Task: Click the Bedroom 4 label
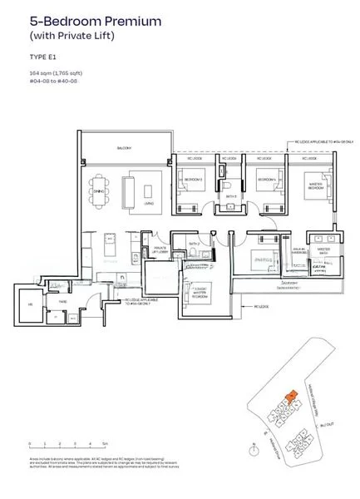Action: (265, 179)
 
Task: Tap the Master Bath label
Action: (323, 248)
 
